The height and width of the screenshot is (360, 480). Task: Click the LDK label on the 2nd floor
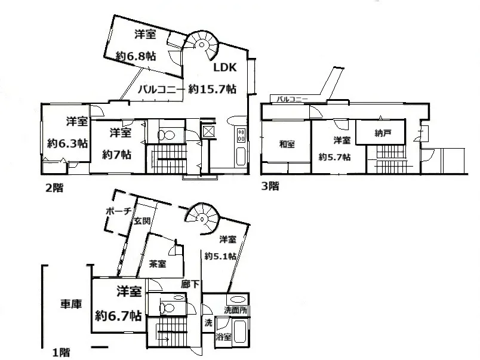[225, 67]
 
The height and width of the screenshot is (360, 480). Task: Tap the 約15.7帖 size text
[212, 89]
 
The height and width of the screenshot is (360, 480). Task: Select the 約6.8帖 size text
[136, 56]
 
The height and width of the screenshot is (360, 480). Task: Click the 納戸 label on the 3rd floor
[383, 133]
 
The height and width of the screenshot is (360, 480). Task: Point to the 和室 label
[287, 144]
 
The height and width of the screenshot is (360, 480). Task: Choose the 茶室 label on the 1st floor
[158, 263]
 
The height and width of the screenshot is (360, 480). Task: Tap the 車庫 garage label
[71, 304]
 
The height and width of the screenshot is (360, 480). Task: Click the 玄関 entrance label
[142, 220]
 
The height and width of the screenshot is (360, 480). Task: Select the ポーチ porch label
[118, 211]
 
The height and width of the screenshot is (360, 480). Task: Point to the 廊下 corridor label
[190, 284]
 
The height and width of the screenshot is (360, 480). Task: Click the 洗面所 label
[235, 310]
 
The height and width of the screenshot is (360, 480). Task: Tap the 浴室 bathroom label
[223, 337]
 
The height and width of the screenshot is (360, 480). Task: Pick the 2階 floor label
[54, 187]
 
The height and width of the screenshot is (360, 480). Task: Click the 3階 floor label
[270, 186]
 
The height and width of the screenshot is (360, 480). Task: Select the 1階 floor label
[61, 352]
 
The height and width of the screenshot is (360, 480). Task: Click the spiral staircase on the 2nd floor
[201, 45]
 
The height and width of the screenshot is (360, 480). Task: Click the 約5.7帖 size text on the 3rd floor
[334, 157]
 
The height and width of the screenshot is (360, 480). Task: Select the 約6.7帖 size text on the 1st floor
[118, 315]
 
